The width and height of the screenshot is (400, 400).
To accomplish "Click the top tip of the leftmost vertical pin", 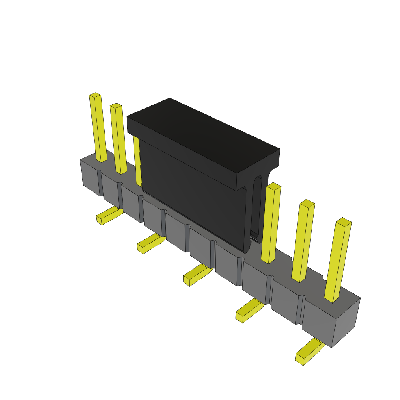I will point(95,95).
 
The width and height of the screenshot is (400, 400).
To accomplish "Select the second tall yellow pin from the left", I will point(119,139).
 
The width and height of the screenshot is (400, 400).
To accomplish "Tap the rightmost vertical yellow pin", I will point(338,260).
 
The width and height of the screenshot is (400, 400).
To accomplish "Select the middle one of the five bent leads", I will point(198,274).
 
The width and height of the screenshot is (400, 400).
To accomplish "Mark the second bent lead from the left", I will point(151,243).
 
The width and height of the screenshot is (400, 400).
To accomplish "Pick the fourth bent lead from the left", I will point(249,310).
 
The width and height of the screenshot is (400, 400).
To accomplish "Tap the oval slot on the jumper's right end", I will point(257,207).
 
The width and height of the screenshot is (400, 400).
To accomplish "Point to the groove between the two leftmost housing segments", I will point(100,183).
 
